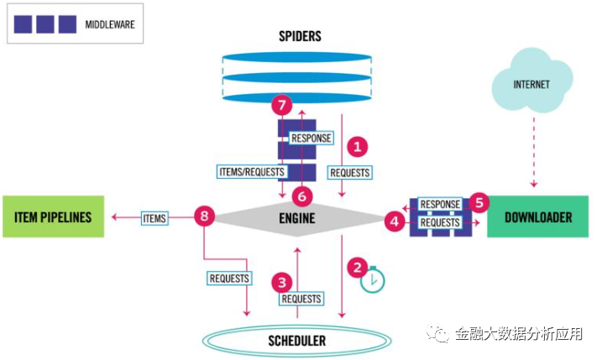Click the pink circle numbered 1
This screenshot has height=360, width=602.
[358, 146]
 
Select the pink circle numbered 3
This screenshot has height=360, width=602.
[283, 282]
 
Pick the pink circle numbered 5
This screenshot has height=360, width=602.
[479, 202]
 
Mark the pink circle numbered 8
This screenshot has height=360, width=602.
[204, 217]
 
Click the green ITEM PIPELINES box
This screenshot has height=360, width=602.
[52, 217]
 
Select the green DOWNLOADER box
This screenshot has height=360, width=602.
[538, 217]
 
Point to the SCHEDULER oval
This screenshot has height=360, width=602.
[296, 341]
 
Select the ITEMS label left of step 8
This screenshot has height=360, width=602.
[154, 218]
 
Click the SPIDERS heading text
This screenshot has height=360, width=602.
[300, 36]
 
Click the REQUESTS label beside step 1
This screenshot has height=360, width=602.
[350, 172]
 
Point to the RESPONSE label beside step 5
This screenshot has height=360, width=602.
[440, 204]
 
